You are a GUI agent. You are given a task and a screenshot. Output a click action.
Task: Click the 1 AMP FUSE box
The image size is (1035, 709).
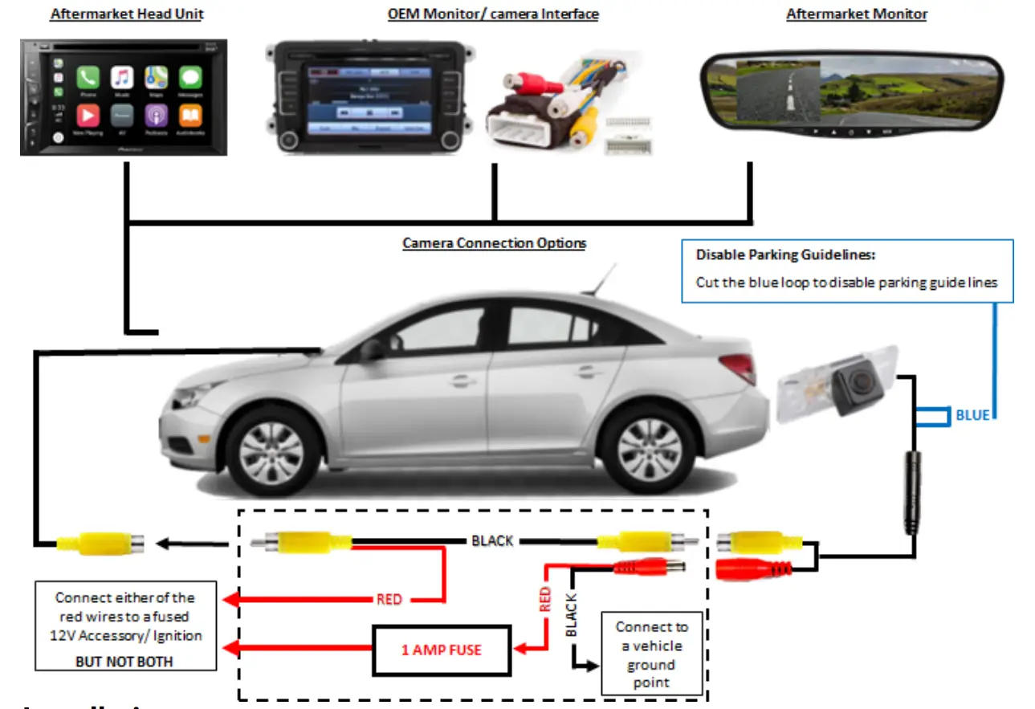point(440,650)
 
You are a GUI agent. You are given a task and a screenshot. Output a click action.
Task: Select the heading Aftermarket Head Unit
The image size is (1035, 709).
point(126,14)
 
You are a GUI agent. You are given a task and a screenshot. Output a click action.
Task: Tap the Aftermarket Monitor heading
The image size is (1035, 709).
point(856,14)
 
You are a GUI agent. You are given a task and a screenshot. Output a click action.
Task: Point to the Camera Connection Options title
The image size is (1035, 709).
point(494,242)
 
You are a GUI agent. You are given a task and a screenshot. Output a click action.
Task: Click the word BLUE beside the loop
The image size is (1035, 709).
point(972,415)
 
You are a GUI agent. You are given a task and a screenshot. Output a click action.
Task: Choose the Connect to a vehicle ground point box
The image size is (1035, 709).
point(650,654)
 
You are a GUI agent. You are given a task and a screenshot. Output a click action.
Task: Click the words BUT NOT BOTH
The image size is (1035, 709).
point(124,662)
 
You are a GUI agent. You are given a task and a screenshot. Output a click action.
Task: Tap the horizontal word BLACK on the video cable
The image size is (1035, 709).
point(492,540)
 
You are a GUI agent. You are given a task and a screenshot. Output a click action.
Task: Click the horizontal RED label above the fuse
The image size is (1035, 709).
point(389,599)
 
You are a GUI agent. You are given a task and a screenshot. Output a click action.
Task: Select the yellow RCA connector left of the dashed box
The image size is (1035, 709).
point(98,544)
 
